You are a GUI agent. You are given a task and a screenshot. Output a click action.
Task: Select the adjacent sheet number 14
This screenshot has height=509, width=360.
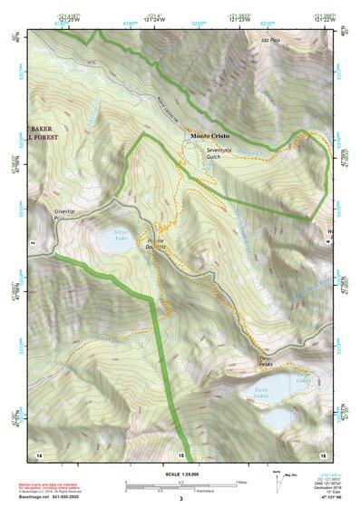click(38, 454)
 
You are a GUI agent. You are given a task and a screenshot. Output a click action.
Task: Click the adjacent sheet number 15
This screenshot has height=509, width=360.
click(180, 454)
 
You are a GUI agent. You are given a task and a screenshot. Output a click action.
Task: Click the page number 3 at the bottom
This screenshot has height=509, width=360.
click(180, 499)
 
